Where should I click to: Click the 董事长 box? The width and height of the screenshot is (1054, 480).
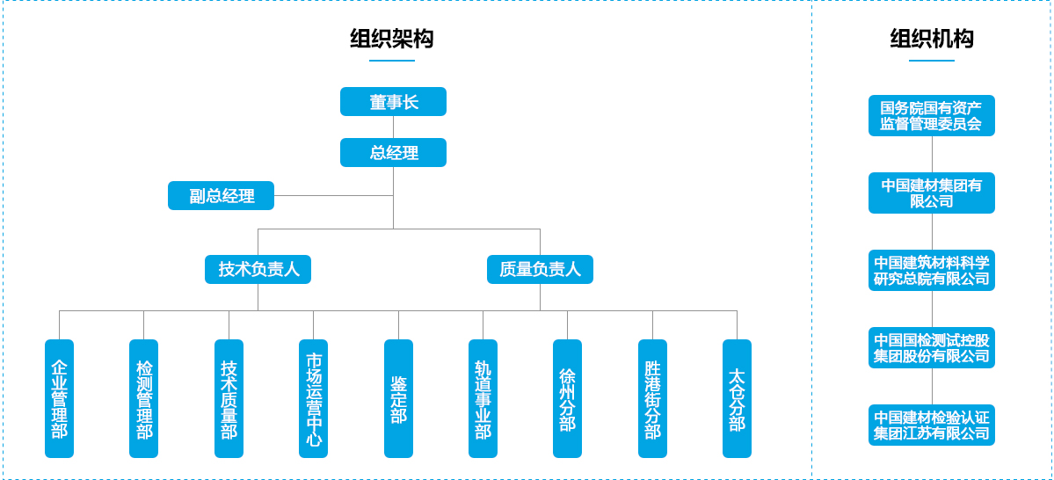tap(393, 102)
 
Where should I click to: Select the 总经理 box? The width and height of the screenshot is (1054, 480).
tap(393, 153)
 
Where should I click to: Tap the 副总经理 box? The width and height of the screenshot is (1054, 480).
tap(221, 196)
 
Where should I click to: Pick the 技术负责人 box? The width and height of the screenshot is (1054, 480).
tap(258, 269)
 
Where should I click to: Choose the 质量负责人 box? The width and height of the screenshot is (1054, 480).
tap(540, 269)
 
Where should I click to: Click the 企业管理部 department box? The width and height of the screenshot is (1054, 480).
tap(59, 398)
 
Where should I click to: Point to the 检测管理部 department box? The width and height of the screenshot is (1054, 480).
tap(143, 398)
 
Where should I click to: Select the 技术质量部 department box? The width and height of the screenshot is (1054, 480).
tap(229, 398)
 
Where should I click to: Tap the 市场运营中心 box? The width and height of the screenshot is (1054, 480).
tap(313, 398)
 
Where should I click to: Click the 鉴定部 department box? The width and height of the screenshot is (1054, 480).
tap(398, 398)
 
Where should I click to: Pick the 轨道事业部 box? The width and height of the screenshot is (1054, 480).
tap(483, 398)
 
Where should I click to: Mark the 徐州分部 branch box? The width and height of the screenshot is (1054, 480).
tap(567, 398)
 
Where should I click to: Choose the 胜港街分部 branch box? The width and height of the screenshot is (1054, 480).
tap(652, 398)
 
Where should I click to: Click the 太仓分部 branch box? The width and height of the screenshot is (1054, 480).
tap(737, 398)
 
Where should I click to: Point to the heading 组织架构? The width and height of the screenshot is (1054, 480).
tap(391, 40)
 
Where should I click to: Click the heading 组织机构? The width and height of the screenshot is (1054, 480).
tap(932, 40)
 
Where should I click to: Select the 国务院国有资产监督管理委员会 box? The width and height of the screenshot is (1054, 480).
tap(932, 116)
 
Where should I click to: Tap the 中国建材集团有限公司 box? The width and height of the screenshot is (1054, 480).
tap(932, 193)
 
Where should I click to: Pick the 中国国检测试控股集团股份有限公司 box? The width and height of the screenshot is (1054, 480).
tap(932, 348)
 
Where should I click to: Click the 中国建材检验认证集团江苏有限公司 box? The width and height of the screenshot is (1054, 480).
tap(932, 425)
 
